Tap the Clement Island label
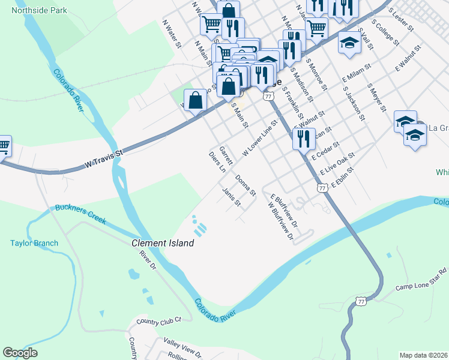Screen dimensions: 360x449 (x=163, y=243)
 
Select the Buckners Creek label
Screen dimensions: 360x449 (x=80, y=214)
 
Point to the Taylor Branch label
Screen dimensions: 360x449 (x=34, y=243)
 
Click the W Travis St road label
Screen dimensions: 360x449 (x=103, y=158)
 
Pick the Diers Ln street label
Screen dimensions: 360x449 (x=217, y=163)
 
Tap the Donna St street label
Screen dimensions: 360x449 (x=246, y=186)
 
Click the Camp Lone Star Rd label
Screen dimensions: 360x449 (x=421, y=279)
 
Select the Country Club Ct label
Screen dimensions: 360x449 (x=158, y=322)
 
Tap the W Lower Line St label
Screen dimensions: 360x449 (x=259, y=139)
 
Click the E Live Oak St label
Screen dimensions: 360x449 (x=337, y=163)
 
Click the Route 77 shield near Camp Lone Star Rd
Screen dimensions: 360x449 (x=360, y=300)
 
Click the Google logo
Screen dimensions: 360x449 (x=20, y=353)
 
